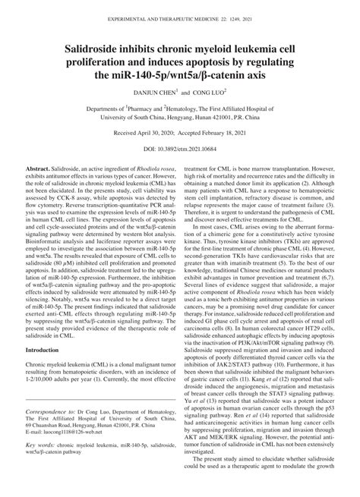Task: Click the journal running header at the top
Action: pos(180,7)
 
